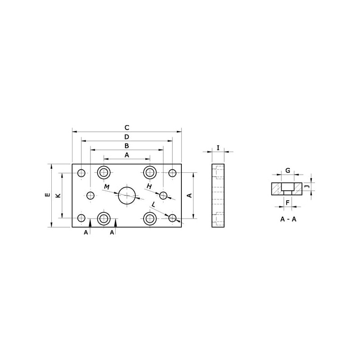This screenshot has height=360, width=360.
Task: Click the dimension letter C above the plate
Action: (x=127, y=127)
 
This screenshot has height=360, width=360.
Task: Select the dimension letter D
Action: (x=127, y=137)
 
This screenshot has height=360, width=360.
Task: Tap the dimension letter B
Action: (x=127, y=146)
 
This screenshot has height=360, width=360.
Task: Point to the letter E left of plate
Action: (x=48, y=195)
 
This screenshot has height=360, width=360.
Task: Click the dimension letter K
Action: (x=58, y=195)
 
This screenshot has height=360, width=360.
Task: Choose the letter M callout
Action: (x=107, y=187)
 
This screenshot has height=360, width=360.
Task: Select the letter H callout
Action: (x=149, y=186)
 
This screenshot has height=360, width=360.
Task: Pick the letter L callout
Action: (x=153, y=204)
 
